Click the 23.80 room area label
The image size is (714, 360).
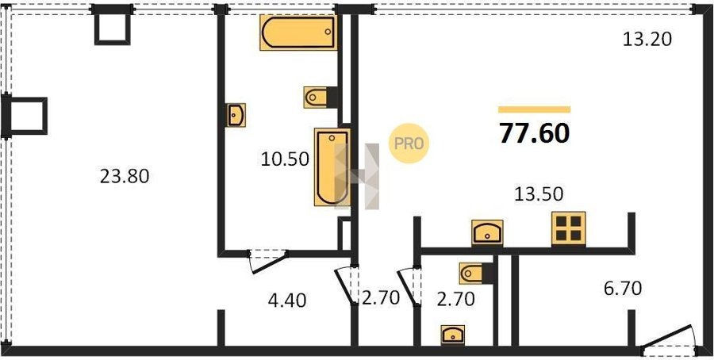pos(125,176)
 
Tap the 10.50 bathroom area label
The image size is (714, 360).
pos(285,159)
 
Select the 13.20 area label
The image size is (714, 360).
pos(647,40)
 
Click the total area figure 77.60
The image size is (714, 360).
pos(534,133)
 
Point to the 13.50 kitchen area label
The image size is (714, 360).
pos(539,194)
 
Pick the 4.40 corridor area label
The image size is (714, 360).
pos(286,301)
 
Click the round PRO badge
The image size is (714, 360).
pos(409,144)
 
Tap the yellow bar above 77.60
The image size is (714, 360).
pos(534,109)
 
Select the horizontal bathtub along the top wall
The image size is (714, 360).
pos(298,32)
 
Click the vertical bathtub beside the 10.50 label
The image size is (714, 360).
pos(332,167)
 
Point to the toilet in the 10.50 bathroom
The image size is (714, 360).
pos(315,98)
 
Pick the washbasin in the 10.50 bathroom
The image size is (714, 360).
pos(236,115)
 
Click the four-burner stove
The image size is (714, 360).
pos(568,228)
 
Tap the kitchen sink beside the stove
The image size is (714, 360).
pos(487,232)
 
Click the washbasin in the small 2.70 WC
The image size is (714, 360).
pos(453,335)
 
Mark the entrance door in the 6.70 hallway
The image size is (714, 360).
pos(668,339)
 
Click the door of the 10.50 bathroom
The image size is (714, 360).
pos(268,261)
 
